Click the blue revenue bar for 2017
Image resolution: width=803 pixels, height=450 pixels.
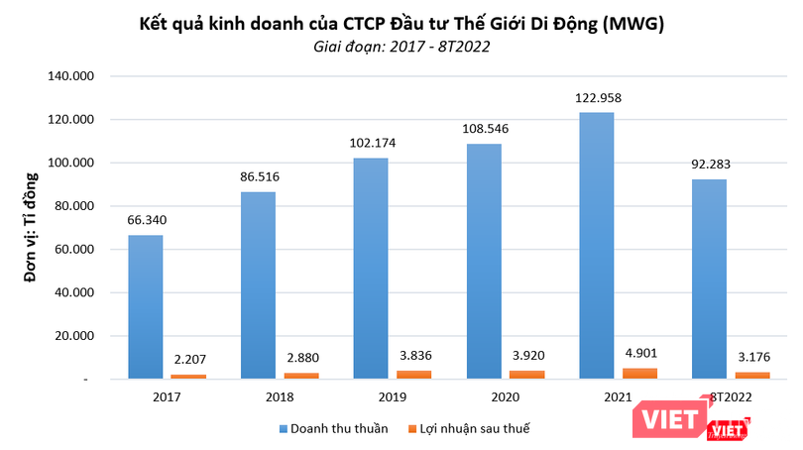[x=145, y=306]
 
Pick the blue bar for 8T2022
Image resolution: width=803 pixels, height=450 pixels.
[x=708, y=279]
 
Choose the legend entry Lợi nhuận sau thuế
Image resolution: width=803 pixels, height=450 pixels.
[x=473, y=429]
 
